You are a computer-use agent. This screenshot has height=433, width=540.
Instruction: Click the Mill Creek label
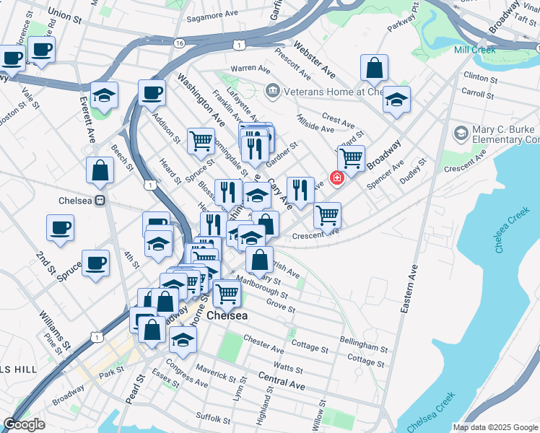pyautogui.click(x=474, y=50)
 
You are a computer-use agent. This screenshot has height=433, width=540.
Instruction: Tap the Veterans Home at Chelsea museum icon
pyautogui.click(x=272, y=90)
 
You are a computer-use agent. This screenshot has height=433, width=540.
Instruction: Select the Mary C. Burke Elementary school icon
pyautogui.click(x=460, y=134)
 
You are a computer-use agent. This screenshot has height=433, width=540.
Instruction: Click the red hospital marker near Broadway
pyautogui.click(x=336, y=178)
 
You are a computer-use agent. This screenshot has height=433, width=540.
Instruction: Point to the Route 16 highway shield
pyautogui.click(x=178, y=44)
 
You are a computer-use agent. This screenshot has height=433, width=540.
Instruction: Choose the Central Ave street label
pyautogui.click(x=281, y=382)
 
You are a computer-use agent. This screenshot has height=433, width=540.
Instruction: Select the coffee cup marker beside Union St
pyautogui.click(x=42, y=51)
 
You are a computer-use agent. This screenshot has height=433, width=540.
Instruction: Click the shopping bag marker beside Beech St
pyautogui.click(x=100, y=170)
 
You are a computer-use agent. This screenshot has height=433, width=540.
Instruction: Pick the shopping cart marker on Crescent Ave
pyautogui.click(x=328, y=214)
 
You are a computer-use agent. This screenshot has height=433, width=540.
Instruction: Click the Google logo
pyautogui.click(x=24, y=424)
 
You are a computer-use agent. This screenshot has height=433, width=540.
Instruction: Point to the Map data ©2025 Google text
pyautogui.click(x=495, y=427)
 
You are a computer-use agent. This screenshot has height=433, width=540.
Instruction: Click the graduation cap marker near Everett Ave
pyautogui.click(x=105, y=97)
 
